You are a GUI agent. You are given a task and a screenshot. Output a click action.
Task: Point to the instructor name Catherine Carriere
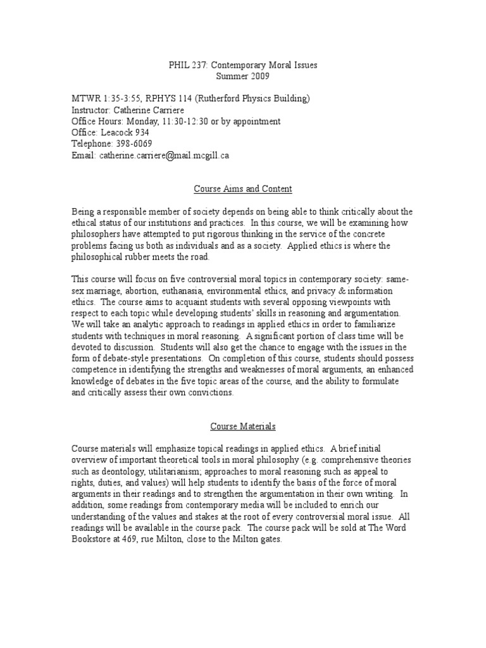tap(151, 110)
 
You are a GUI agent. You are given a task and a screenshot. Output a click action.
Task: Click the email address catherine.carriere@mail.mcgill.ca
tap(163, 155)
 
